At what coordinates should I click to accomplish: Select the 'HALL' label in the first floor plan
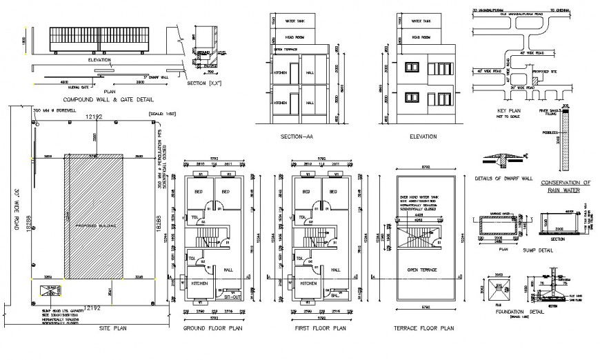tap(337, 270)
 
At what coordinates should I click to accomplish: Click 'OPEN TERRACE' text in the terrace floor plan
tap(421, 270)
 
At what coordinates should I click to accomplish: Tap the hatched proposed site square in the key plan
tap(532, 81)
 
